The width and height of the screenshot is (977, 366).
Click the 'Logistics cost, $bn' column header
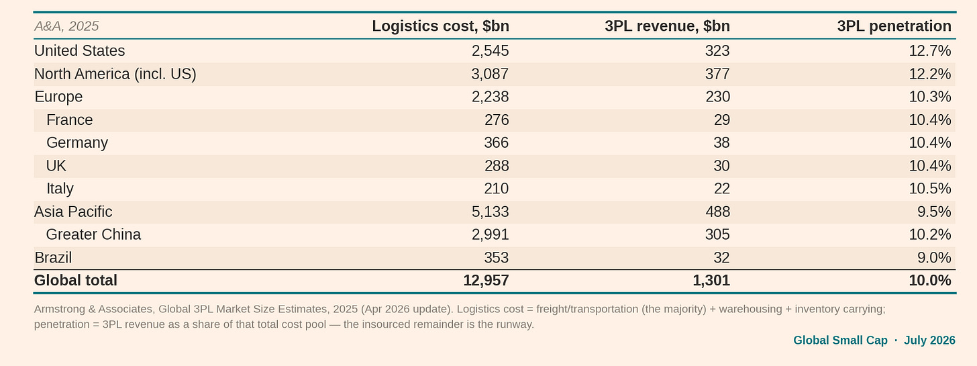(440, 26)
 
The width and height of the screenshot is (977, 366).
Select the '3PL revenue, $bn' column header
(667, 26)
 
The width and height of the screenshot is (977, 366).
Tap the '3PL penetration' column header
(894, 26)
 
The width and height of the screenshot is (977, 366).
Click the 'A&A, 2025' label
(66, 26)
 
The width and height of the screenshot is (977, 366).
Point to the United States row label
(79, 50)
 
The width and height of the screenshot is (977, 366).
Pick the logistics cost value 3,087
(490, 74)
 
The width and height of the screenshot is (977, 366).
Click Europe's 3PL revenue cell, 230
(717, 97)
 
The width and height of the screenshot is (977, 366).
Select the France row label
(69, 120)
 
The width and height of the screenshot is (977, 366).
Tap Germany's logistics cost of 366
(497, 142)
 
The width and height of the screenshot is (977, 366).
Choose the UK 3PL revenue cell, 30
(722, 165)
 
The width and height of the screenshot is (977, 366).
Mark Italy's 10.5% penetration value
(930, 188)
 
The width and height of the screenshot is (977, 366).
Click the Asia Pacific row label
(73, 212)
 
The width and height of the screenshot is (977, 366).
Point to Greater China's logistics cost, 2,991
(491, 234)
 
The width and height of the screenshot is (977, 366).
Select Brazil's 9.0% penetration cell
(934, 257)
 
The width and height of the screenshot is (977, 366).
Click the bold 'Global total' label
(75, 280)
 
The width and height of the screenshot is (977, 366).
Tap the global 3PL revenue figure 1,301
(711, 280)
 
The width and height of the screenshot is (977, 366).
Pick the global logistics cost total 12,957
(486, 280)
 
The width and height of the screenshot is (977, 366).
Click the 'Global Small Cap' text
(840, 340)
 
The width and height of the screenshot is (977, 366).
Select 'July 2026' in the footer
(929, 340)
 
